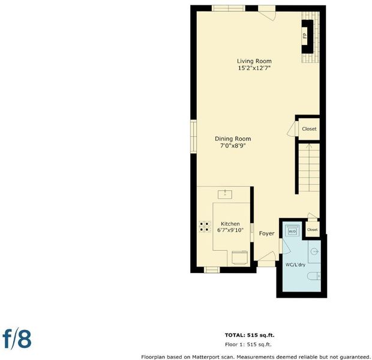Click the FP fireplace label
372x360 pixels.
click(x=305, y=35)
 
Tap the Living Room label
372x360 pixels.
click(x=254, y=61)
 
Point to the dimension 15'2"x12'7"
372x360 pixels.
click(x=254, y=68)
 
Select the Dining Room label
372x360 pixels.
click(x=233, y=139)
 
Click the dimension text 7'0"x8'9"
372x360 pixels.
click(x=233, y=145)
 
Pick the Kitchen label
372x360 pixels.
click(x=230, y=224)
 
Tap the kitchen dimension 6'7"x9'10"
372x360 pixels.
click(x=230, y=230)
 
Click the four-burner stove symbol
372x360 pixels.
click(x=205, y=226)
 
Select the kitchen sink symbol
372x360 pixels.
click(x=225, y=194)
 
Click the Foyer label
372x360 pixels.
click(x=266, y=233)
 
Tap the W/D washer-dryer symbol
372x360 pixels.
click(x=292, y=231)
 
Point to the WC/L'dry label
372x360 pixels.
click(x=295, y=265)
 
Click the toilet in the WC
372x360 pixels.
click(x=314, y=276)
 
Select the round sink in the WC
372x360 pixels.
click(x=314, y=251)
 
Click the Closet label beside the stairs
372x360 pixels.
click(x=309, y=129)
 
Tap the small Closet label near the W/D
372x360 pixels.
click(x=312, y=229)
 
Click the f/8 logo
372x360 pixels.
click(x=17, y=339)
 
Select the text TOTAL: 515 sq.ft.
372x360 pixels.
click(x=250, y=335)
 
